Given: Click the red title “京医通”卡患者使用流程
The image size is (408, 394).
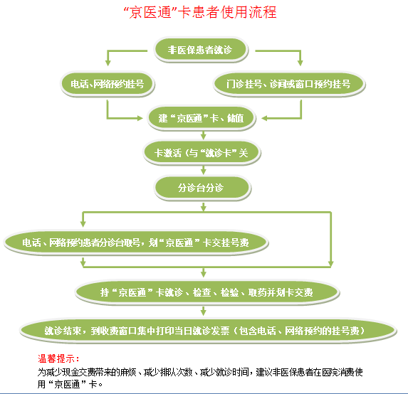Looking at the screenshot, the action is point(200,12).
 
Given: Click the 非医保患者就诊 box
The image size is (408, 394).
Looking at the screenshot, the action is point(201,50).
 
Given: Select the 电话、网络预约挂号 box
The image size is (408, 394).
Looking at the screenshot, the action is point(108,84).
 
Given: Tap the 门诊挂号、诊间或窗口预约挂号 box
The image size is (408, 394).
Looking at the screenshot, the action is point(289,84).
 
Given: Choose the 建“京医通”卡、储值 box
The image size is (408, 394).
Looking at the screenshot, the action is point(201,118).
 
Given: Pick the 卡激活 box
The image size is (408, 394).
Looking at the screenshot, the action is point(202,153).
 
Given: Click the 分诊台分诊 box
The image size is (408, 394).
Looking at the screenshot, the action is point(202,188).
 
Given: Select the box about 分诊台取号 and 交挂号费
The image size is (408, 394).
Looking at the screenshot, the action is point(136,243).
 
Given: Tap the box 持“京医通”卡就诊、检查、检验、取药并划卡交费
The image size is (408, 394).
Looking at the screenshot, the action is point(207,292).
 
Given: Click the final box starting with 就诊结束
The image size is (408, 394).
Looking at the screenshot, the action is point(208,331).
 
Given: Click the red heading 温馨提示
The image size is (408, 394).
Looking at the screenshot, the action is point(58,358).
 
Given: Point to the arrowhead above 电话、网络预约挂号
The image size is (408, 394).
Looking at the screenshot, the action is point(108,63).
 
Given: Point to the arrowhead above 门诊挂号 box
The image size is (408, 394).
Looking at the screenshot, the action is point(300,63).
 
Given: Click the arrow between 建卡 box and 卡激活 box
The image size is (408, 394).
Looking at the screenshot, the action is point(204,135).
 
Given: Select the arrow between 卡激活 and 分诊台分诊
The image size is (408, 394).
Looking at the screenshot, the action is point(204,170).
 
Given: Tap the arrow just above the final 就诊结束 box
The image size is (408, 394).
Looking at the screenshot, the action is point(204,311).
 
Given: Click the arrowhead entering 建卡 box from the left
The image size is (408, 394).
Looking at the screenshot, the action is point(140,118).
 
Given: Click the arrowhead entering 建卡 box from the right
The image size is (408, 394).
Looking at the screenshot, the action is point(264,118).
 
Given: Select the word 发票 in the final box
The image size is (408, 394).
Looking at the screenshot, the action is point(221,331).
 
